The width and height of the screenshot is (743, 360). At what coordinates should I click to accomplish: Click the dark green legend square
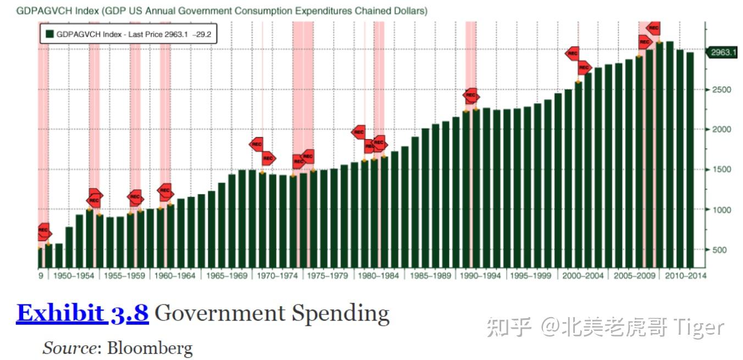tap(49, 34)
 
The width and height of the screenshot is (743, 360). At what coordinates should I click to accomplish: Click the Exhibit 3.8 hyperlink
tap(82, 313)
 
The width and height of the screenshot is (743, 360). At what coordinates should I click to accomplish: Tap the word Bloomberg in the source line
tap(149, 348)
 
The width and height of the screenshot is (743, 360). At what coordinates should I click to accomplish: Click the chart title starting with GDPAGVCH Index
tap(221, 11)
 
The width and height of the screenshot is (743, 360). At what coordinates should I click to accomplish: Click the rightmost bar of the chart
tap(690, 159)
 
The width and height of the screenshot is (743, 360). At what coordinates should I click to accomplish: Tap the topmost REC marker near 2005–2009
tap(653, 27)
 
